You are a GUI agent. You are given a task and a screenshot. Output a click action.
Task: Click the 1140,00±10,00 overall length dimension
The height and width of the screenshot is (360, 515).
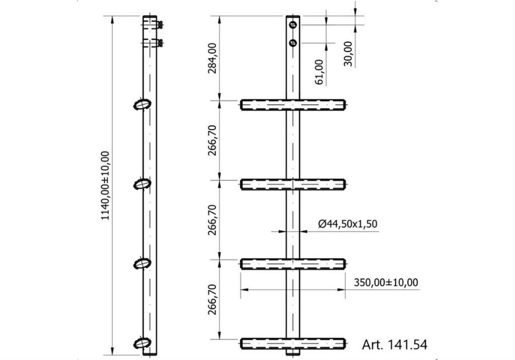(106, 186)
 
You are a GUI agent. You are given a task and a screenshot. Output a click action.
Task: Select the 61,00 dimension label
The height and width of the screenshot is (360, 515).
(319, 72)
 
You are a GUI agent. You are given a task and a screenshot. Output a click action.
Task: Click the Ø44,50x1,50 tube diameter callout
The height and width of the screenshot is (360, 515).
(348, 224)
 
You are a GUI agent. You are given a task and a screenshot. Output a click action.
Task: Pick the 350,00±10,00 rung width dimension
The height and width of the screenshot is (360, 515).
(386, 282)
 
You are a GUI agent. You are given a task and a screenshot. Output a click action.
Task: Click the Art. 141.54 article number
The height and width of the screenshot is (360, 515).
(395, 345)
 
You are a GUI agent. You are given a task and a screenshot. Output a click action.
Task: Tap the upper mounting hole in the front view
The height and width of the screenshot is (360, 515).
(293, 25)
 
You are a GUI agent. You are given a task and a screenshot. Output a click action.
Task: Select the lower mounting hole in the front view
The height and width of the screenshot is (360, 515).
(293, 43)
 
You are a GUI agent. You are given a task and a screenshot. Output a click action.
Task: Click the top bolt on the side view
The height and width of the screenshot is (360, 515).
(160, 25)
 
